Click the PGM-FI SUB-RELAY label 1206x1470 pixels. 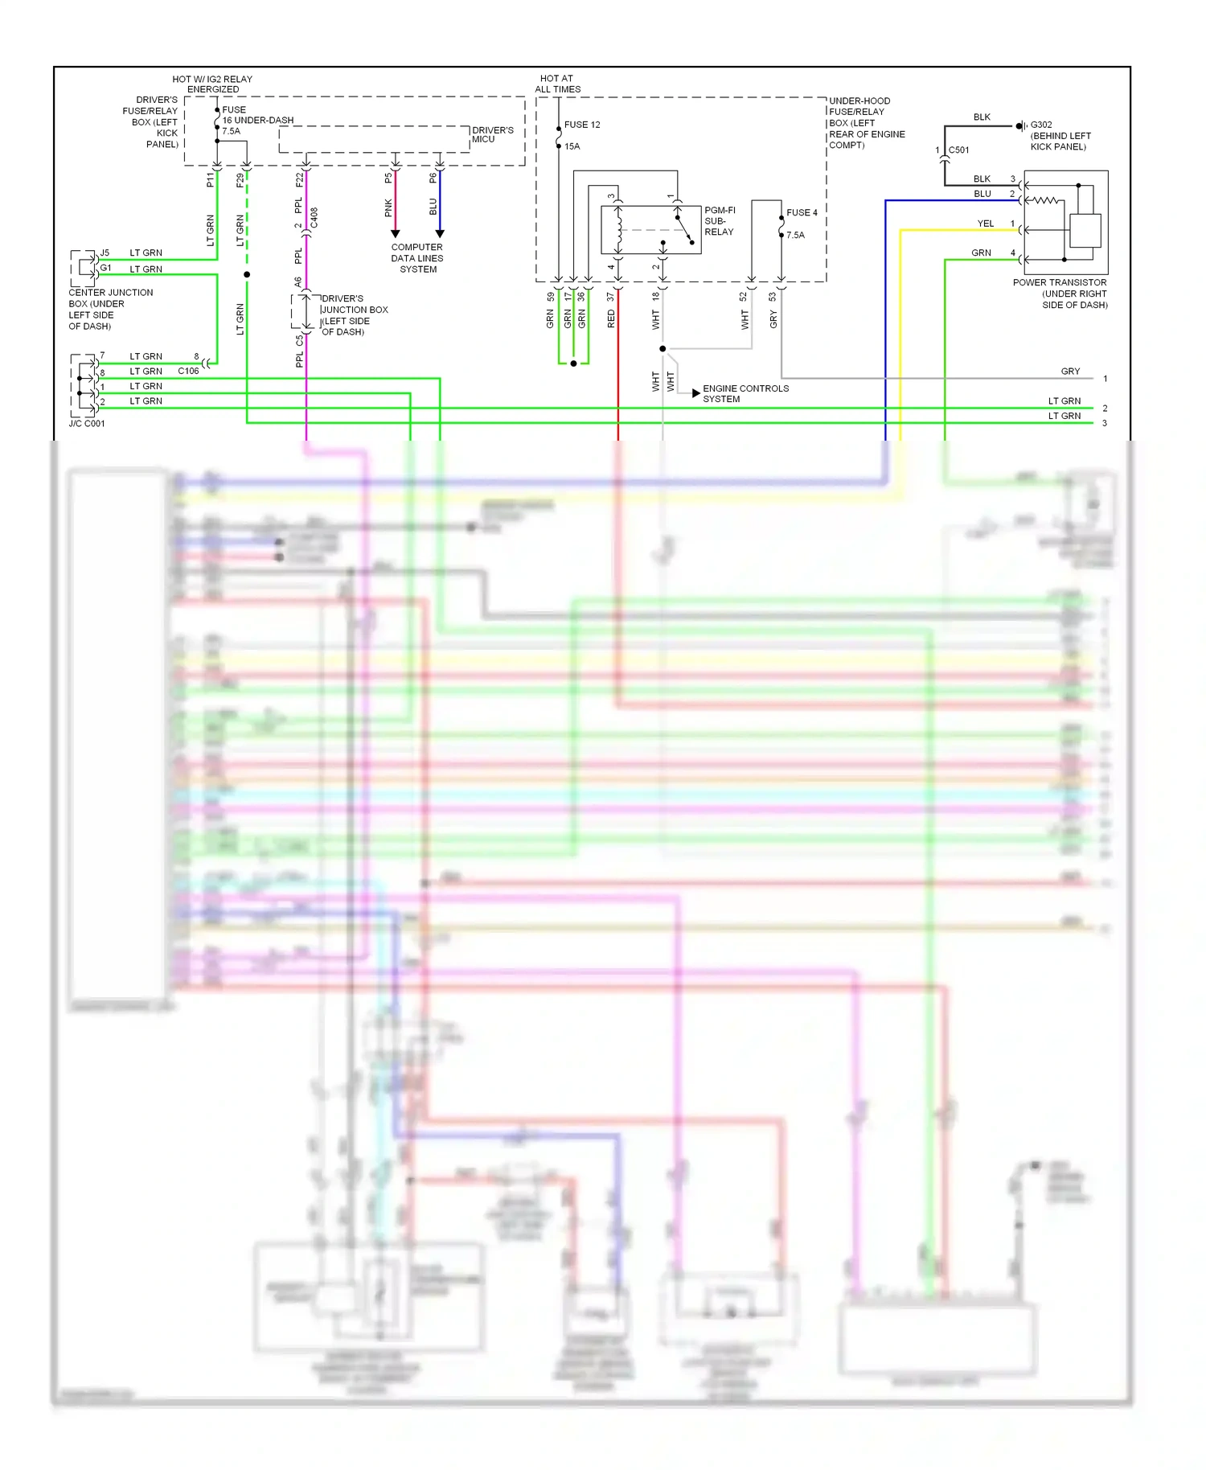click(719, 221)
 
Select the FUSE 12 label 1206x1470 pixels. click(582, 125)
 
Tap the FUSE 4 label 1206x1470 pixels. click(802, 213)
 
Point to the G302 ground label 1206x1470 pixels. click(1041, 125)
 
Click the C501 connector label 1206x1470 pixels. click(958, 150)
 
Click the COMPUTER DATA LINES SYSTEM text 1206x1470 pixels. click(417, 258)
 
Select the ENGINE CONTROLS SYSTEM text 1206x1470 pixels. click(745, 393)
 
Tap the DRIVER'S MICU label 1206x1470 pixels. click(492, 134)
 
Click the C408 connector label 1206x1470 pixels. click(314, 217)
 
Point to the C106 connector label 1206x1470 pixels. click(188, 371)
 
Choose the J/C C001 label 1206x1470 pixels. click(87, 424)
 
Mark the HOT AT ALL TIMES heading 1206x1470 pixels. click(557, 84)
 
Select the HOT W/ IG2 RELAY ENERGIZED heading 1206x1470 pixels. click(212, 84)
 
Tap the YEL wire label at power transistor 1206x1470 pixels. click(985, 224)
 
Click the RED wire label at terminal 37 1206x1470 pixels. click(611, 319)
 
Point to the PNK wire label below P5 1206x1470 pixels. click(388, 208)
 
